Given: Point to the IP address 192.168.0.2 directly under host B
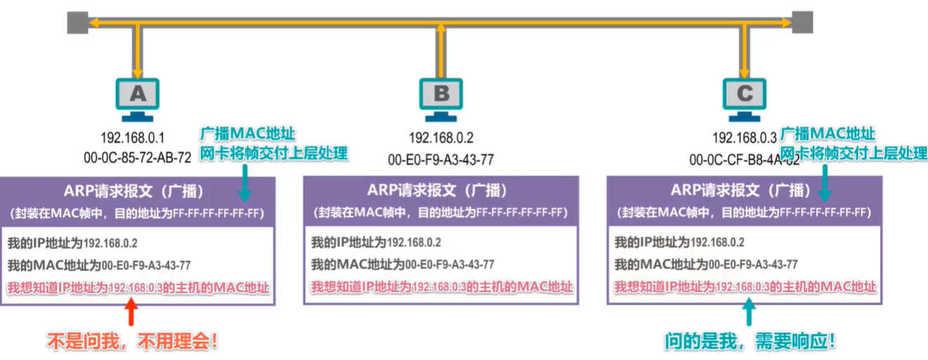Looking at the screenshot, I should coord(441,137).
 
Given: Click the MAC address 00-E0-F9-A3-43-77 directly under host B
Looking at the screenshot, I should coord(441,160).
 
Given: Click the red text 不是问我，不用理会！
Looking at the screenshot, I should coord(132,342).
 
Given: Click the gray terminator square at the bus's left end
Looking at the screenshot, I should coord(77,22).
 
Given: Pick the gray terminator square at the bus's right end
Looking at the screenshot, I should coord(802,22).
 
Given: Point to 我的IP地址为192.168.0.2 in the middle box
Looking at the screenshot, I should coord(376,243).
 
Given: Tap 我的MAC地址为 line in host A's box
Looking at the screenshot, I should coord(99,265).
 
